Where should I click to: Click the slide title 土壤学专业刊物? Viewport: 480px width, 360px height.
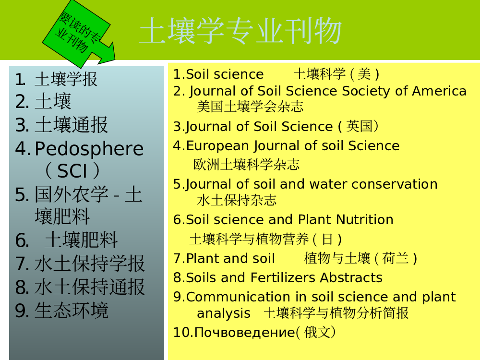tap(240, 31)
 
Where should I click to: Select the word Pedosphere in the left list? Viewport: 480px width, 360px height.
tap(89, 149)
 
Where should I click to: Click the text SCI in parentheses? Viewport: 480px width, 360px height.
tap(72, 170)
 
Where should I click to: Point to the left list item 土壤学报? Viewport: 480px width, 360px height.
tap(66, 79)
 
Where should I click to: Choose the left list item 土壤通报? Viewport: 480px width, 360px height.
tap(71, 125)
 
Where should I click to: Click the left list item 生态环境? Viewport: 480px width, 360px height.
tap(72, 311)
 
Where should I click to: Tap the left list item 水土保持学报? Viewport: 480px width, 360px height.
tap(89, 263)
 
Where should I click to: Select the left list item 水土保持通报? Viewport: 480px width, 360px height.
tap(89, 287)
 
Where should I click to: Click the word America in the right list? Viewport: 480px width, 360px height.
tap(439, 91)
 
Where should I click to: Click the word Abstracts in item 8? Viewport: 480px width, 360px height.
tap(351, 277)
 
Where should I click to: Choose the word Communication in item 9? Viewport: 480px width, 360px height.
tap(238, 297)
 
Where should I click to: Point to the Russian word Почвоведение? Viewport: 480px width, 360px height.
tap(245, 333)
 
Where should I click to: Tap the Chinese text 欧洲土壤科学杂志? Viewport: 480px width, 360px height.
tap(246, 165)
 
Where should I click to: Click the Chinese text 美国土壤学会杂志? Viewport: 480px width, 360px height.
tap(250, 107)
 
